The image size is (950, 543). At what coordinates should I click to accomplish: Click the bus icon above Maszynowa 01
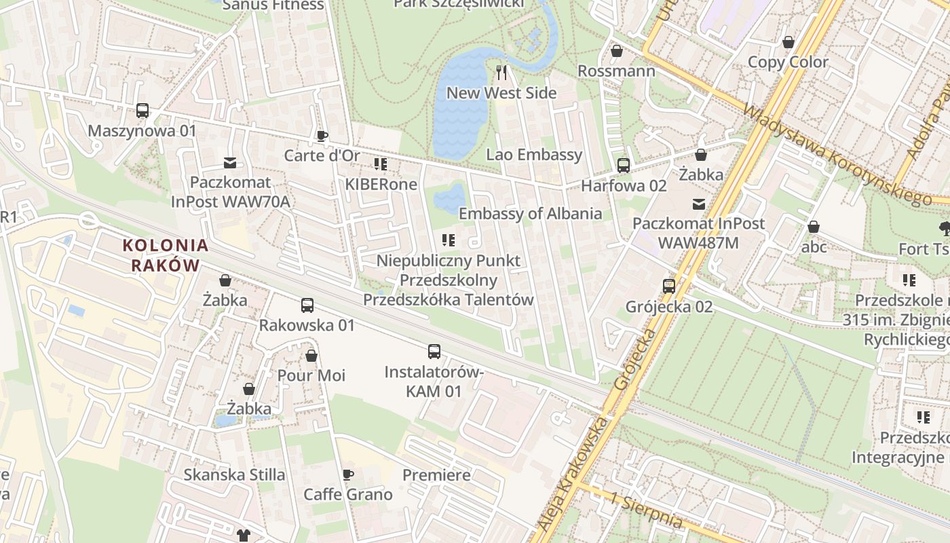(142, 111)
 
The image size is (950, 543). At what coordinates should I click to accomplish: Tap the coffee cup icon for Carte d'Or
(322, 136)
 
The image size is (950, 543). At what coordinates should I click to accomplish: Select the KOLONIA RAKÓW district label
(166, 255)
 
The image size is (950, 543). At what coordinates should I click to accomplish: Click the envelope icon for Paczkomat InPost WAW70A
(230, 163)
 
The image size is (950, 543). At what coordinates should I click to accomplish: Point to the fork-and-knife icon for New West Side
(501, 73)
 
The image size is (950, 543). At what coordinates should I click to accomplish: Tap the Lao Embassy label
(534, 155)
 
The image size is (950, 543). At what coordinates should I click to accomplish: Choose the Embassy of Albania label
(530, 214)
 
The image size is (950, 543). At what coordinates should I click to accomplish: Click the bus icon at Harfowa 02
(623, 166)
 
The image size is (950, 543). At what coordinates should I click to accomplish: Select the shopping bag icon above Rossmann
(616, 51)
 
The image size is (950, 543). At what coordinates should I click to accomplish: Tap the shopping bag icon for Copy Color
(788, 42)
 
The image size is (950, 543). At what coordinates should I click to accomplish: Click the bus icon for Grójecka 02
(668, 286)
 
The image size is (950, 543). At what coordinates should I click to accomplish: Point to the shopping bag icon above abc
(813, 227)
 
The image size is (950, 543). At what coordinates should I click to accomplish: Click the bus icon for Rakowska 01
(307, 305)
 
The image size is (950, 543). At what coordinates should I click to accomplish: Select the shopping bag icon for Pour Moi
(311, 356)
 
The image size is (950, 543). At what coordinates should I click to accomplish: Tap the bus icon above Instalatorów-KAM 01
(434, 352)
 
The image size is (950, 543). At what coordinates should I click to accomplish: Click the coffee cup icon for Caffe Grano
(347, 474)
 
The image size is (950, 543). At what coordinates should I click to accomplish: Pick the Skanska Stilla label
(234, 474)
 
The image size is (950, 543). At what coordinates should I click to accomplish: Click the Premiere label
(436, 474)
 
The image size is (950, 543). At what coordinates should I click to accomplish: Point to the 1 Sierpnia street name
(645, 510)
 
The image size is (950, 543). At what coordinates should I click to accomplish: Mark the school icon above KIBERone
(380, 164)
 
